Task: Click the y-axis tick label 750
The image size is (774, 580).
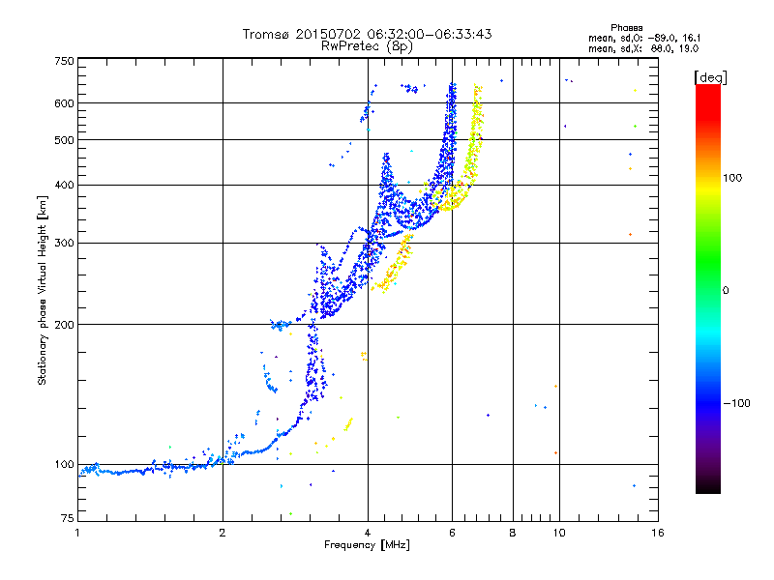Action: pos(63,60)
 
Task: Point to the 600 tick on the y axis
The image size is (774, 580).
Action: pos(63,102)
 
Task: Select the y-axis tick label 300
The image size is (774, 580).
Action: pos(63,243)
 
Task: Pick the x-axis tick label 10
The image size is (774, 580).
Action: pos(558,533)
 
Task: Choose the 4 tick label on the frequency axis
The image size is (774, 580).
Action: pos(368,533)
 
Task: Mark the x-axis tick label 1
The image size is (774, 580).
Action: pos(77,533)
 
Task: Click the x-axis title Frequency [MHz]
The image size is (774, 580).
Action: pos(367,546)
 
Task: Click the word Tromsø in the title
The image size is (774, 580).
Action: pos(266,34)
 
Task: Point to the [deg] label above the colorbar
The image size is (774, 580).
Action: pos(711,76)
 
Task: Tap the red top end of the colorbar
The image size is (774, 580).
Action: pos(707,89)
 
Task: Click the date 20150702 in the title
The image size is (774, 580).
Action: pos(324,34)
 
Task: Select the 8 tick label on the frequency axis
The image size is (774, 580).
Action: pos(513,533)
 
